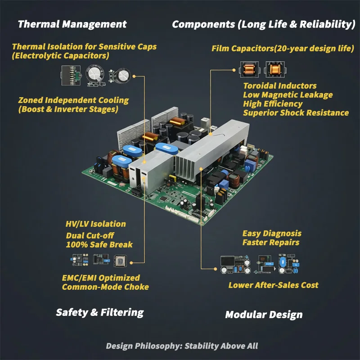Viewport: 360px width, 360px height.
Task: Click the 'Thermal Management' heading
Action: pos(72,24)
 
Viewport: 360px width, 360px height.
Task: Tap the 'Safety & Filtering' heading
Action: pos(100,312)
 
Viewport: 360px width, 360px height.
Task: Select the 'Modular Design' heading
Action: pos(264,315)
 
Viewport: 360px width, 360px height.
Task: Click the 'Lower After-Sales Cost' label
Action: pos(274,285)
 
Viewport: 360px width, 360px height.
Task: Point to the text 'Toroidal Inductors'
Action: pos(280,86)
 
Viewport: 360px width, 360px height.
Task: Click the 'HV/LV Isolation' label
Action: pos(96,224)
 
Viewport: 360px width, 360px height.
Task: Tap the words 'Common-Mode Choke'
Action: pos(105,287)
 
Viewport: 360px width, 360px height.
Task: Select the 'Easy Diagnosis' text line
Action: pos(272,234)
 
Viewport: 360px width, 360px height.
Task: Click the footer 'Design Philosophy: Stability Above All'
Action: pos(182,346)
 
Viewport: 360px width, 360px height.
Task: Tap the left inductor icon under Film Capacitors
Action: pos(249,69)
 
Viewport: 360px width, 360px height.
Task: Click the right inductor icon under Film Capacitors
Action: pos(275,69)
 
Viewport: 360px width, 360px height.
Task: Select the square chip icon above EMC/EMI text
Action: pos(120,261)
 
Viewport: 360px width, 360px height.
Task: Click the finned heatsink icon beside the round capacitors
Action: pos(71,75)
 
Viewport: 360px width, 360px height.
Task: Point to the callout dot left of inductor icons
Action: pos(234,70)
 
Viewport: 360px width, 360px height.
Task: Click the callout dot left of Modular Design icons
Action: pos(216,269)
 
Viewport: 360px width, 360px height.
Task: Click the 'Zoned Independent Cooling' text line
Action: pos(73,100)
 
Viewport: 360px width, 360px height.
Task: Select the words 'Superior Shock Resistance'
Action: pos(296,113)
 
